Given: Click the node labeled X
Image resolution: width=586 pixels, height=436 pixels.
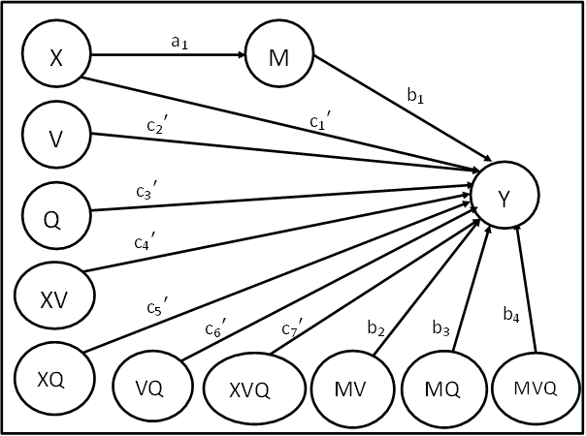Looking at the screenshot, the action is coord(56,53).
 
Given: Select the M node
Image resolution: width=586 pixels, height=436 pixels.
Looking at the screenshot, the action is coord(279,53).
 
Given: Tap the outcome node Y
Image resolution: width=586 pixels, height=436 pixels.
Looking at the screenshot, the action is coord(505,195).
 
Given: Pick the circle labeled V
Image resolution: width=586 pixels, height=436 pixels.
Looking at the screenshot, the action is coord(56,135).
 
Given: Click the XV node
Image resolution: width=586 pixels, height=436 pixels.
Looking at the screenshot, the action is coord(55,296).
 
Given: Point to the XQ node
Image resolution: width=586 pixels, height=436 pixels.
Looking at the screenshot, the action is coord(55,378).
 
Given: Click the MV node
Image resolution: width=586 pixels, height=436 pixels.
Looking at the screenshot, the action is coord(353,388).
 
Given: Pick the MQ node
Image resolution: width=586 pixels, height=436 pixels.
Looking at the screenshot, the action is coord(444,388).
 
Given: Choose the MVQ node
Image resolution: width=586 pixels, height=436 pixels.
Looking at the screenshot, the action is coord(536,388).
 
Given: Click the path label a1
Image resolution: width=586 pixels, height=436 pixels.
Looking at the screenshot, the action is coord(179,43).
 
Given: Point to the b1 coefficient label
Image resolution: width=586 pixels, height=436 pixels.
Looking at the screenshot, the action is coord(415,96).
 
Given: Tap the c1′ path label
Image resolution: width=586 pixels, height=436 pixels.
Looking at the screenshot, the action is coord(320,120).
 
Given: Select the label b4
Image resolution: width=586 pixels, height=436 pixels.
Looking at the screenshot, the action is coord(511,314).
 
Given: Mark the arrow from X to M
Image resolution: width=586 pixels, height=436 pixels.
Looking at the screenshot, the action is coord(168,55).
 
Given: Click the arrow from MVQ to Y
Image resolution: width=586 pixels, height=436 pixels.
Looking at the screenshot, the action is coord(526,289).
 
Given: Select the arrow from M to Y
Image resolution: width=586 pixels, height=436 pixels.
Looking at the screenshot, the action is coord(403,109).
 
